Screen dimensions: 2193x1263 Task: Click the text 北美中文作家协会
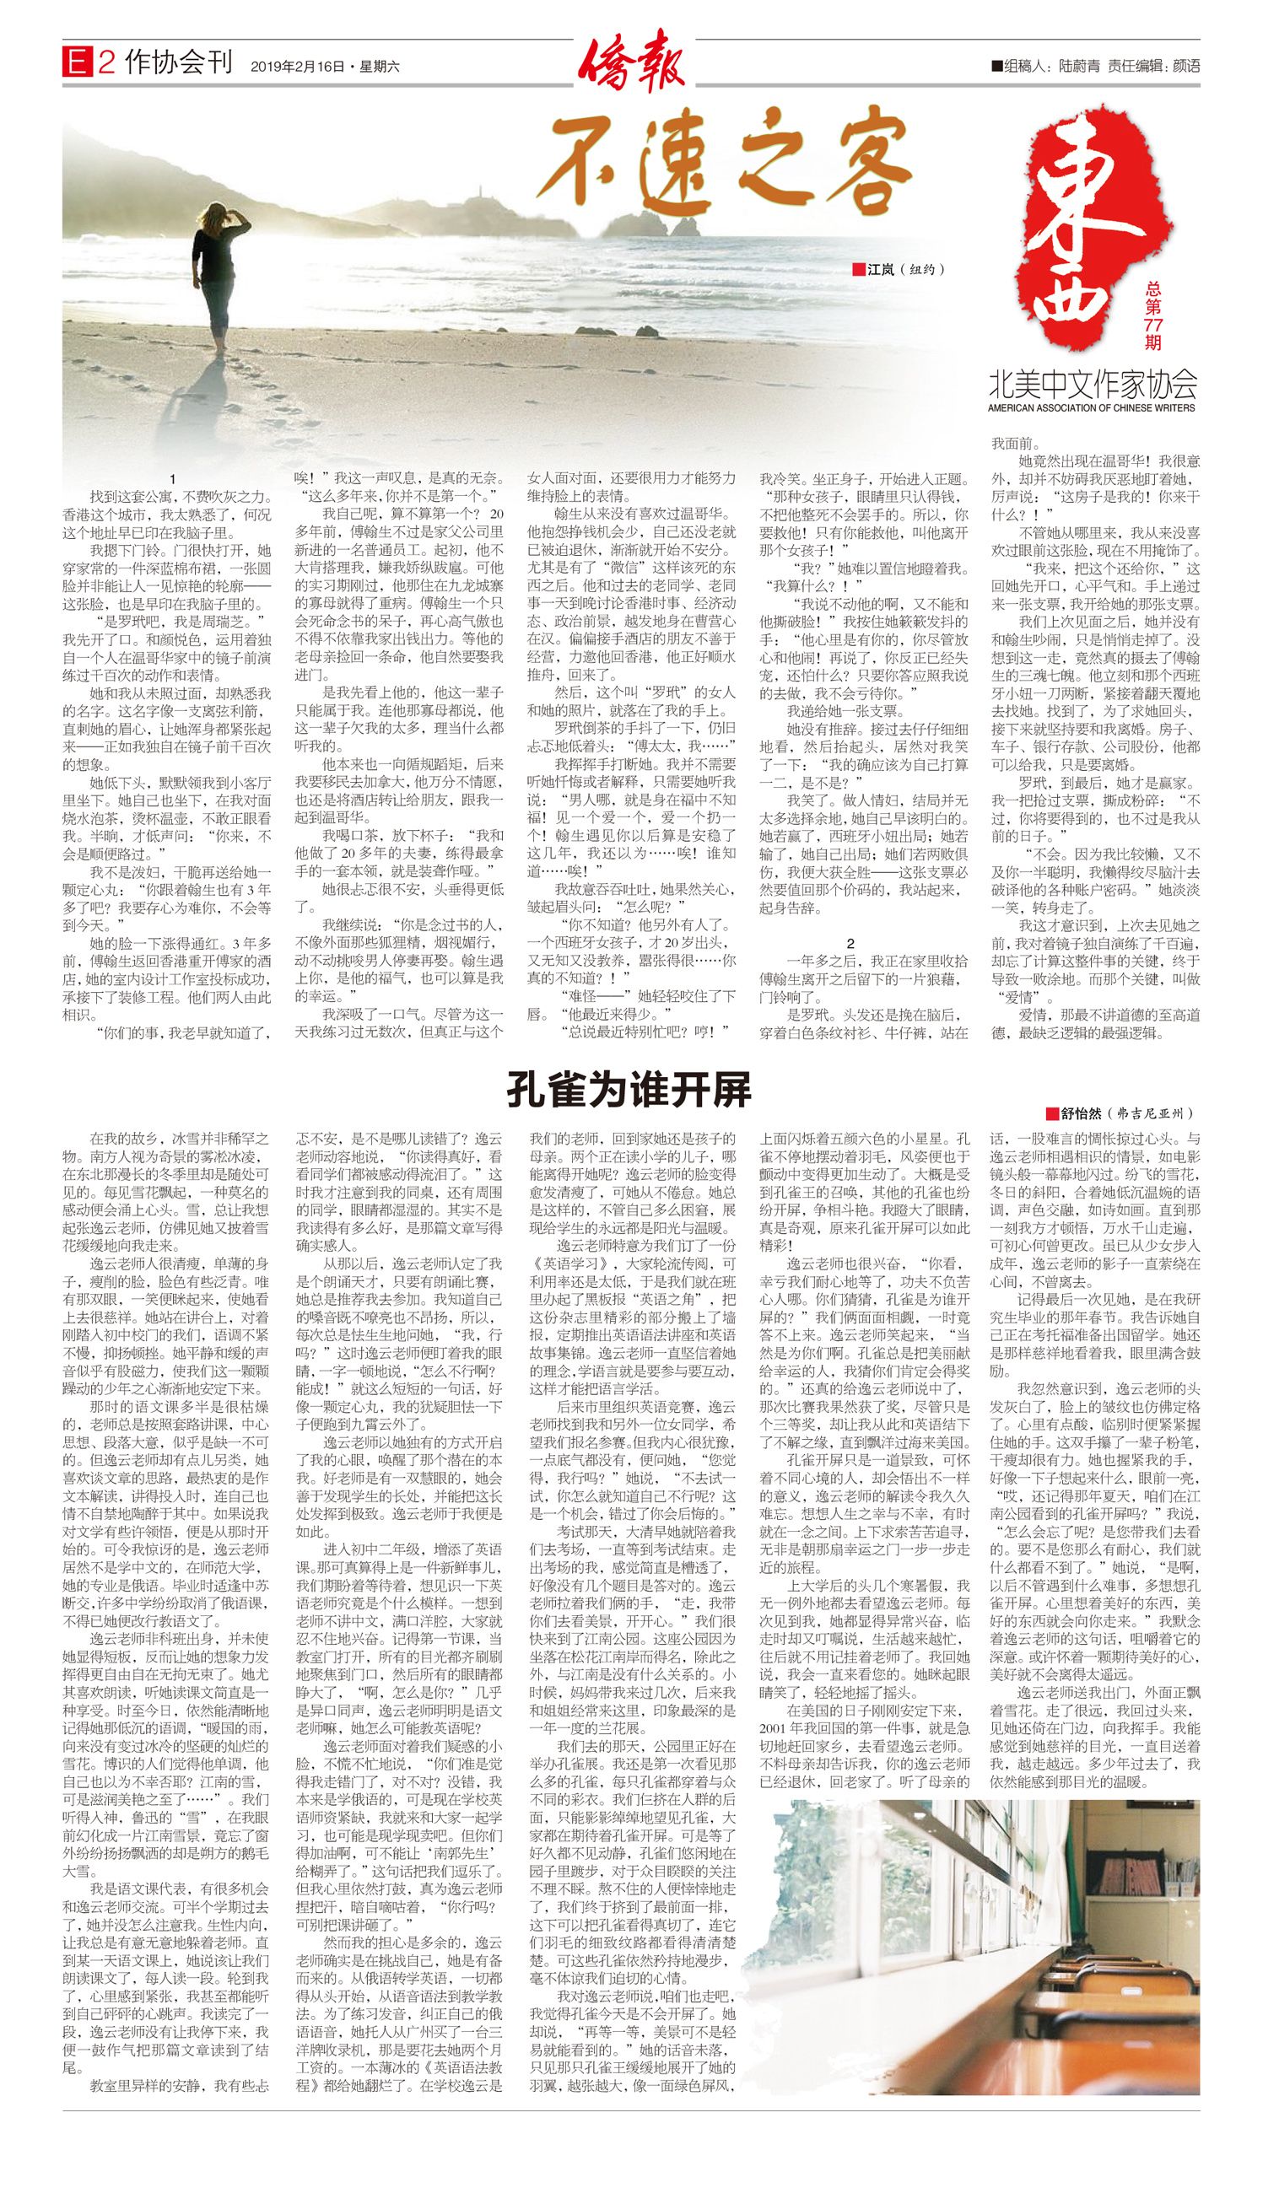(1092, 382)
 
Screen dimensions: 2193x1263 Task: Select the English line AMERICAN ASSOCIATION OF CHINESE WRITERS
(1092, 407)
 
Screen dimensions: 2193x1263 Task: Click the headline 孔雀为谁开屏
(629, 1090)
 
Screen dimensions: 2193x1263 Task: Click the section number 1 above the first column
(174, 480)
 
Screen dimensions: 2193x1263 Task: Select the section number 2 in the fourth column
(851, 944)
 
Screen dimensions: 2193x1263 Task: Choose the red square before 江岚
(859, 270)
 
